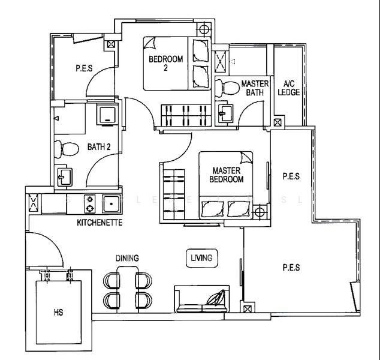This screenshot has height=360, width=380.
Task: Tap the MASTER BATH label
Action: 255,88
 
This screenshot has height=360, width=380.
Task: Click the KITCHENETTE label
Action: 99,223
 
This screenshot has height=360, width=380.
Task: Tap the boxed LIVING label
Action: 201,258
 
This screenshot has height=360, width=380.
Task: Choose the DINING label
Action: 127,259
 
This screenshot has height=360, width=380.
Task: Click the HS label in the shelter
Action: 58,313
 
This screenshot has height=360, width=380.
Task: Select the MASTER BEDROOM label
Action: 227,175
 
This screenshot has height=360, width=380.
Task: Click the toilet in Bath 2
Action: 65,147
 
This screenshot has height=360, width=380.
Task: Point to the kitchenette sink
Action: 111,204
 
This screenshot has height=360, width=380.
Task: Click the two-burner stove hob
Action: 91,204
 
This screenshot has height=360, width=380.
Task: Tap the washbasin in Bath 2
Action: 64,176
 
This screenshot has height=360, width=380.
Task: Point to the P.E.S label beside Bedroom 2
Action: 83,68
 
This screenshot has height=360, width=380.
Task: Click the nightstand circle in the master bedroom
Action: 259,212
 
